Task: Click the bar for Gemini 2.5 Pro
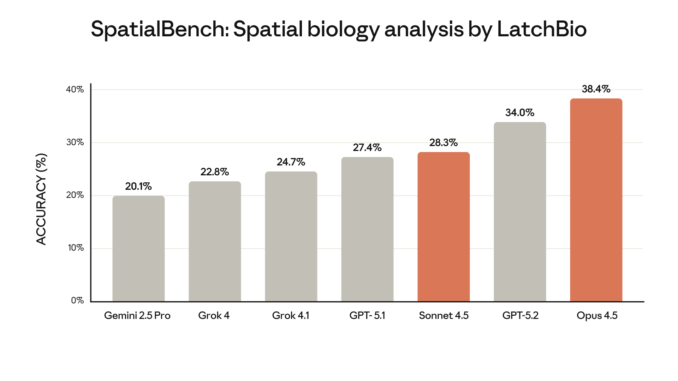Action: [x=138, y=249]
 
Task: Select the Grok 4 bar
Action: [x=215, y=242]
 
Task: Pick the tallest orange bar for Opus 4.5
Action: [x=596, y=200]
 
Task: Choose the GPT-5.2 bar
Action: [x=520, y=212]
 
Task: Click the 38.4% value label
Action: [x=596, y=89]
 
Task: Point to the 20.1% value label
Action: [x=138, y=186]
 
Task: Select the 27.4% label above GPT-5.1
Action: [x=367, y=147]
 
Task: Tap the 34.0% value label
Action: [x=520, y=113]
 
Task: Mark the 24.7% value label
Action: [x=291, y=162]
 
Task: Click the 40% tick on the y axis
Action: [x=75, y=90]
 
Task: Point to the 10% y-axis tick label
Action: [x=76, y=248]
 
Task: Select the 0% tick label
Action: [x=77, y=301]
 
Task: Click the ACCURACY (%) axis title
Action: [x=41, y=199]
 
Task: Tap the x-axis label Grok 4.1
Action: [x=291, y=315]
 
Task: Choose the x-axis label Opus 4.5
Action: [x=597, y=315]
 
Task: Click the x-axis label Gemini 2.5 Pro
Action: [x=137, y=315]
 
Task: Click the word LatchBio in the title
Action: [x=542, y=29]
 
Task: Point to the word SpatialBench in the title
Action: [x=160, y=29]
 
